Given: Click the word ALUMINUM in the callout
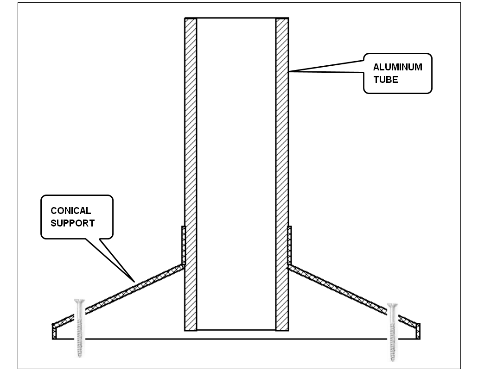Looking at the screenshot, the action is coord(397,67).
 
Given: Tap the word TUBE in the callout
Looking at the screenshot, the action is coord(386,80).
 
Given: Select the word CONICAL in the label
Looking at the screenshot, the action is coord(71,211).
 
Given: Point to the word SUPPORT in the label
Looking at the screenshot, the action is coord(72,223).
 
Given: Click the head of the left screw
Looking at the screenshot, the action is coord(79,302).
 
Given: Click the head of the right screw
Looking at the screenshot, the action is coord(392,306).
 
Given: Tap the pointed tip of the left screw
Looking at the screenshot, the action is coord(80,356).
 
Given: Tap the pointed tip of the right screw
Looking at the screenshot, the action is coord(393,360).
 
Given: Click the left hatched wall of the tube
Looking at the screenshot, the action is coord(191,175).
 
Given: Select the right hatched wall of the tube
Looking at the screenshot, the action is coord(282,175).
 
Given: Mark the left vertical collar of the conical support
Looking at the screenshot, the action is coord(184,245).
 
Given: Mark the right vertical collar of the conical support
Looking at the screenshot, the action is coord(290,245).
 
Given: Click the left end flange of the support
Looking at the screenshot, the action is coord(54,332).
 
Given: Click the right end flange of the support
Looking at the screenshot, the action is coord(418,332).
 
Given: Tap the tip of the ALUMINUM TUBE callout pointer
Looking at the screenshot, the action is coord(289,72).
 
